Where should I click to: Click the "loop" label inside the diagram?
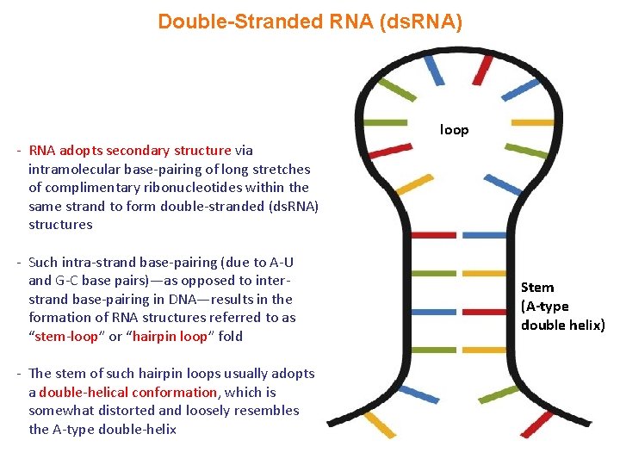point(454,130)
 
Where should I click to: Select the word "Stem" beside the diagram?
point(537,288)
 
